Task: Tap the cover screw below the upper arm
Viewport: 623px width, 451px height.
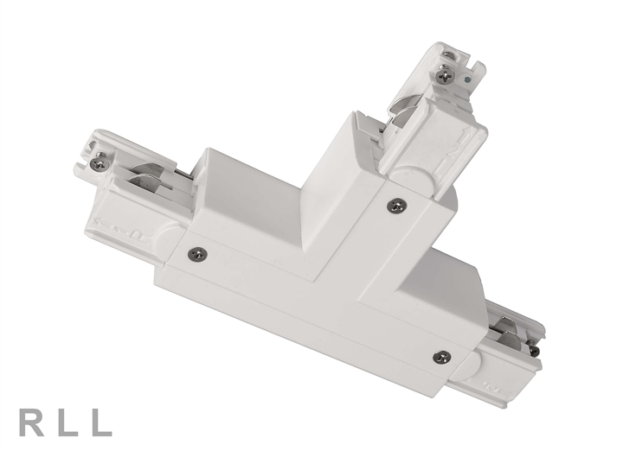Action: tap(396, 205)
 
